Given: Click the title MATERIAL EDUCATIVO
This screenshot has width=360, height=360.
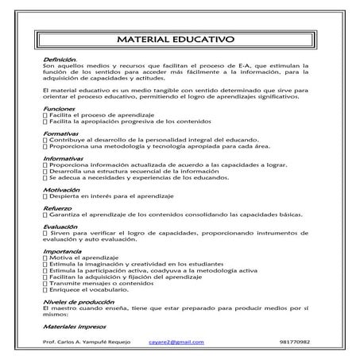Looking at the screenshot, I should point(179,39).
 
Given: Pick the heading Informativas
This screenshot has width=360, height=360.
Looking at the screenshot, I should point(65,159).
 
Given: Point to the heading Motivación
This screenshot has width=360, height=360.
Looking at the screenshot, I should point(63,191).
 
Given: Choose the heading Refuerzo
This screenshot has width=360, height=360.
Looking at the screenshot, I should point(59,210).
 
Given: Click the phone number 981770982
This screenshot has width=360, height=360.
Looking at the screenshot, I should point(296,342).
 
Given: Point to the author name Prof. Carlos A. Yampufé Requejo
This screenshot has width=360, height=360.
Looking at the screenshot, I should point(87,342).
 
